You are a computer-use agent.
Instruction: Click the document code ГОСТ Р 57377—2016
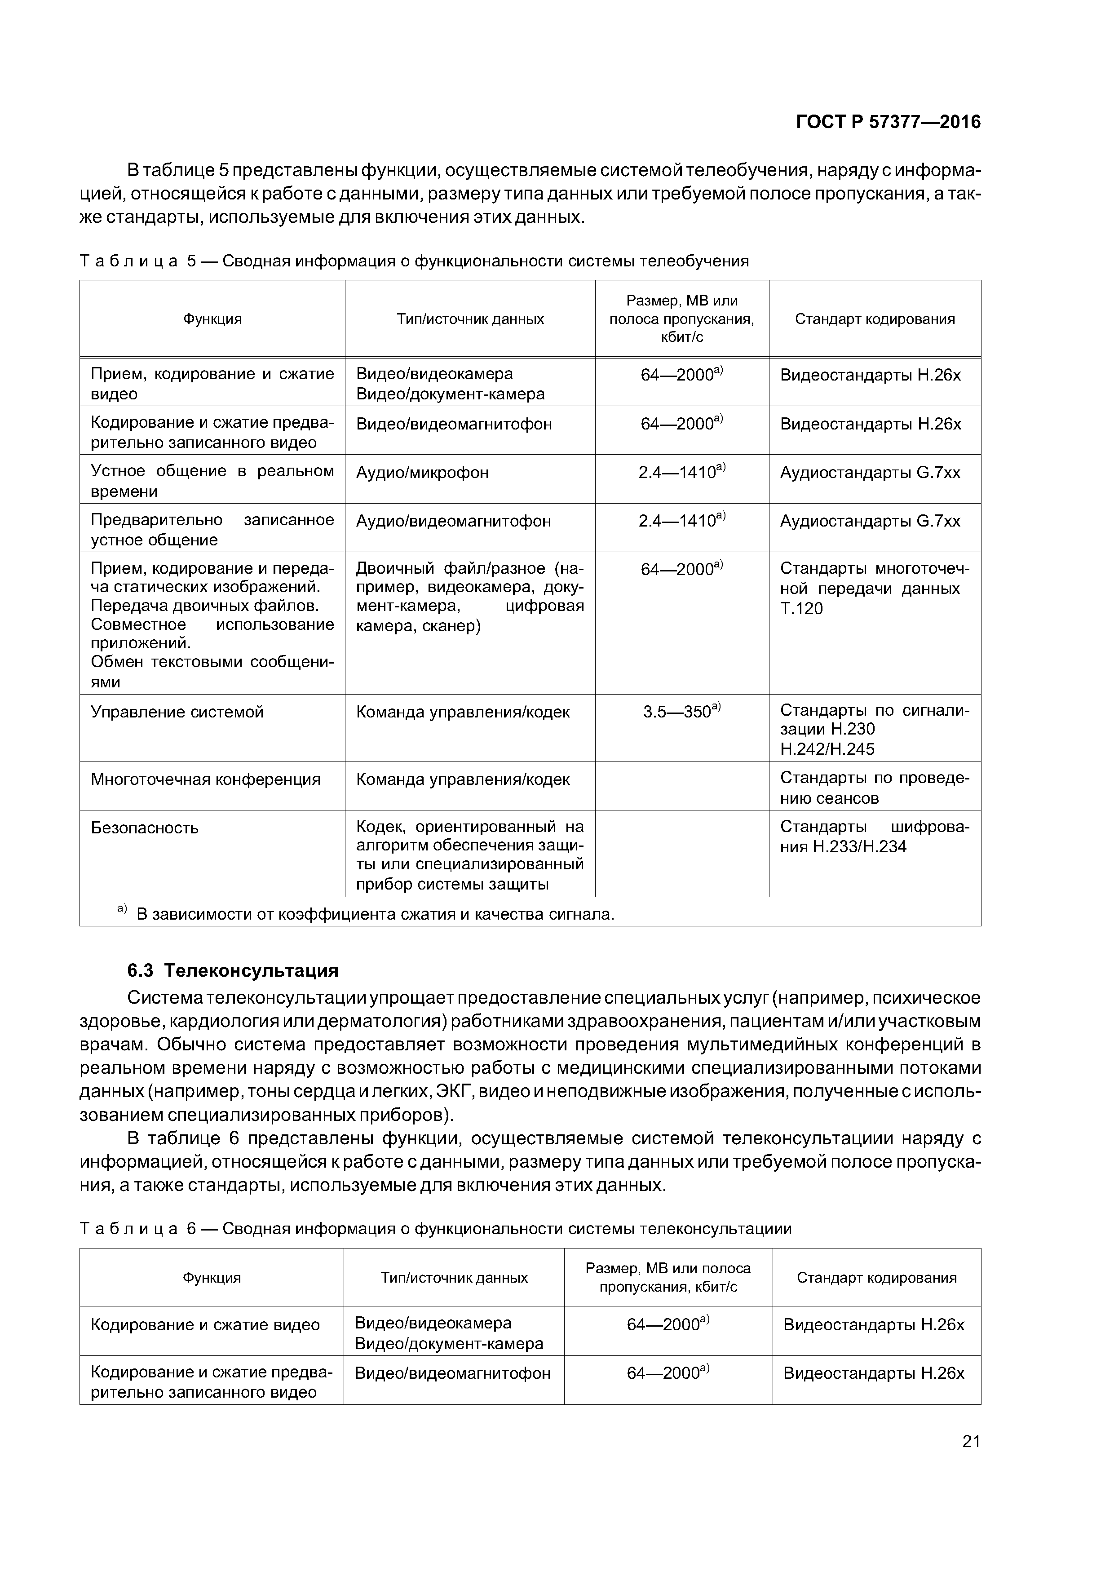pyautogui.click(x=888, y=122)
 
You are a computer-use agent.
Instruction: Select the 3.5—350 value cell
pyautogui.click(x=681, y=712)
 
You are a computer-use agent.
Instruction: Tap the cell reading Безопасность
pyautogui.click(x=145, y=828)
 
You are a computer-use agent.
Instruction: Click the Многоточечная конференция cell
pyautogui.click(x=205, y=780)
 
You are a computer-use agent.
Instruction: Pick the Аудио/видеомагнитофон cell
pyautogui.click(x=453, y=522)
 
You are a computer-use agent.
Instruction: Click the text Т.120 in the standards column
pyautogui.click(x=801, y=609)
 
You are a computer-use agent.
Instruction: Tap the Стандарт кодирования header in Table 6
pyautogui.click(x=876, y=1277)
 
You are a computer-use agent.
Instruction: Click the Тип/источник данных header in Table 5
pyautogui.click(x=470, y=319)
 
